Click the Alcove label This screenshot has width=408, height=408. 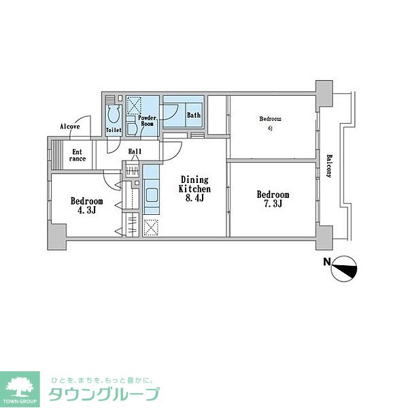tap(69, 126)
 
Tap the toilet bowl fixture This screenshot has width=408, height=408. tap(113, 111)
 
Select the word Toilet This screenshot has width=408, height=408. tap(114, 129)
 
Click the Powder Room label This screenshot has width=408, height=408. tap(148, 121)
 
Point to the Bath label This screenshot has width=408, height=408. tap(194, 115)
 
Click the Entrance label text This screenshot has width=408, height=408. tap(77, 156)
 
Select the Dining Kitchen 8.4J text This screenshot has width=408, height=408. tap(194, 188)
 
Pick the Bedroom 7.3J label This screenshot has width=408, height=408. tap(273, 199)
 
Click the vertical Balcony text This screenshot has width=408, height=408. tap(329, 165)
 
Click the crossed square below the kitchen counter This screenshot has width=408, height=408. tap(151, 227)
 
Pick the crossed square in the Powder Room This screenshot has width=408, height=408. tap(135, 106)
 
